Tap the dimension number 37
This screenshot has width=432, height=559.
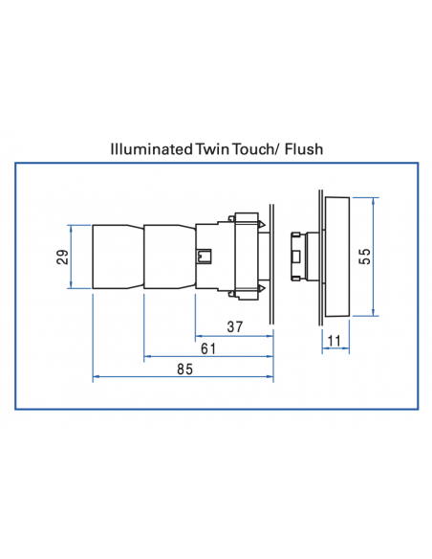(234, 327)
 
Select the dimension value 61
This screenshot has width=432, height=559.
(207, 348)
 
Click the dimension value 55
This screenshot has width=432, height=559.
(364, 257)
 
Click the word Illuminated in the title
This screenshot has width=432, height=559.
(153, 150)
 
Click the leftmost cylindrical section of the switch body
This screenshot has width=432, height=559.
(118, 257)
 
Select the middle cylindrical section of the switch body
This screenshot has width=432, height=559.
(168, 257)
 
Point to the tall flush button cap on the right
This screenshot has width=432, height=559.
(338, 256)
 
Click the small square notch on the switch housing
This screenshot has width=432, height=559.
(203, 257)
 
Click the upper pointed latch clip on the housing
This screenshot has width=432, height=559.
(260, 224)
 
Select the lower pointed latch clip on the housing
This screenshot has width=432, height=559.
(260, 288)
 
